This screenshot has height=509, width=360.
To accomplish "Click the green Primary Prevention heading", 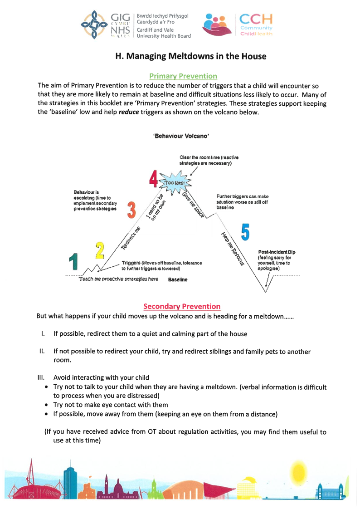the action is [183, 76].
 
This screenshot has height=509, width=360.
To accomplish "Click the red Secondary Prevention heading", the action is [182, 306].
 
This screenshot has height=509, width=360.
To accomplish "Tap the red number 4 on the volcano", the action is [153, 179].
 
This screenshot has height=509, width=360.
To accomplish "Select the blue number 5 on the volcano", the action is [245, 232].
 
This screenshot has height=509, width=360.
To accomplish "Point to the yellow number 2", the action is [100, 250].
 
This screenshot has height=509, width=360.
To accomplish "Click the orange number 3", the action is [131, 210].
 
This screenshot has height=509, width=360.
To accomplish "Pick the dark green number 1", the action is [73, 261].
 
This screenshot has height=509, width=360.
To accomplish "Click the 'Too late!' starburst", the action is [175, 183].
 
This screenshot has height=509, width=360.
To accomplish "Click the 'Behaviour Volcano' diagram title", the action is [181, 136].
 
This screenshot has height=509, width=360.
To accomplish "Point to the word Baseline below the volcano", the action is [178, 279].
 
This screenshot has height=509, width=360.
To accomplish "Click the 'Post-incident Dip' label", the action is [277, 252].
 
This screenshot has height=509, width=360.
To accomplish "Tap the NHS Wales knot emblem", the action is [94, 25].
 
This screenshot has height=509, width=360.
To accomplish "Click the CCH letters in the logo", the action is [256, 19].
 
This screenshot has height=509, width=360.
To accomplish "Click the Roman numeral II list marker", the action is [42, 351].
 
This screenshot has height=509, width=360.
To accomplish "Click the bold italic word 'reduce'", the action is [129, 113].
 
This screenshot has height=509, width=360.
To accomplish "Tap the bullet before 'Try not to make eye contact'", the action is [47, 405].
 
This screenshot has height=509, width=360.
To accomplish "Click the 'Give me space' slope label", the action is [193, 205].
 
